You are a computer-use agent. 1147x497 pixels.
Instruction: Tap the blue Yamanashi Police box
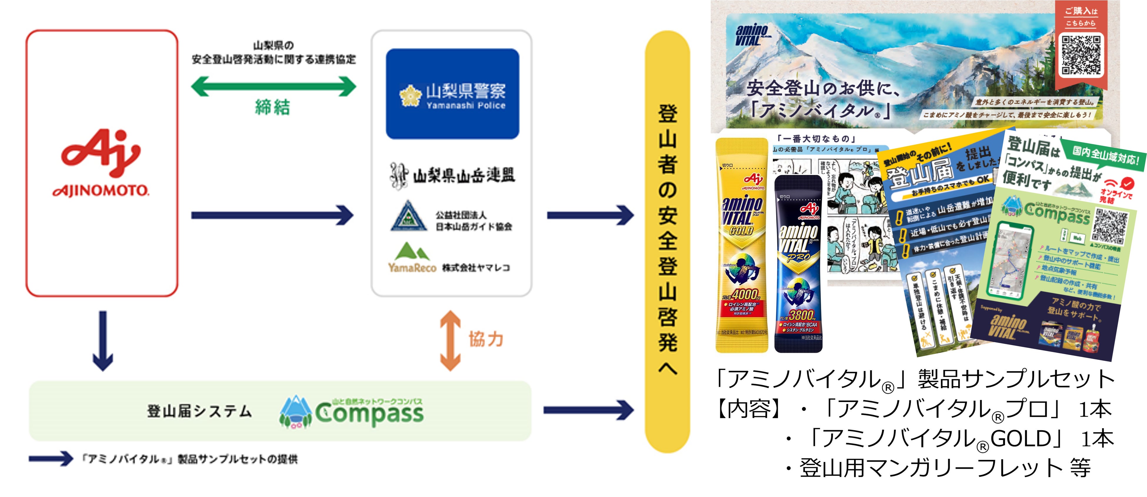[x=452, y=94]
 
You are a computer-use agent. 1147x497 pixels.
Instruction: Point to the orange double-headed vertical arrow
[x=450, y=341]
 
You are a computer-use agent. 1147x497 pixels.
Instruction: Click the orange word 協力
[x=486, y=339]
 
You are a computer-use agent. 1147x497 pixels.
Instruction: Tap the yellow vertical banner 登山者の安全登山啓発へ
[x=667, y=241]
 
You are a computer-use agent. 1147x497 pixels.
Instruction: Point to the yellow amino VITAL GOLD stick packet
[x=741, y=245]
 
